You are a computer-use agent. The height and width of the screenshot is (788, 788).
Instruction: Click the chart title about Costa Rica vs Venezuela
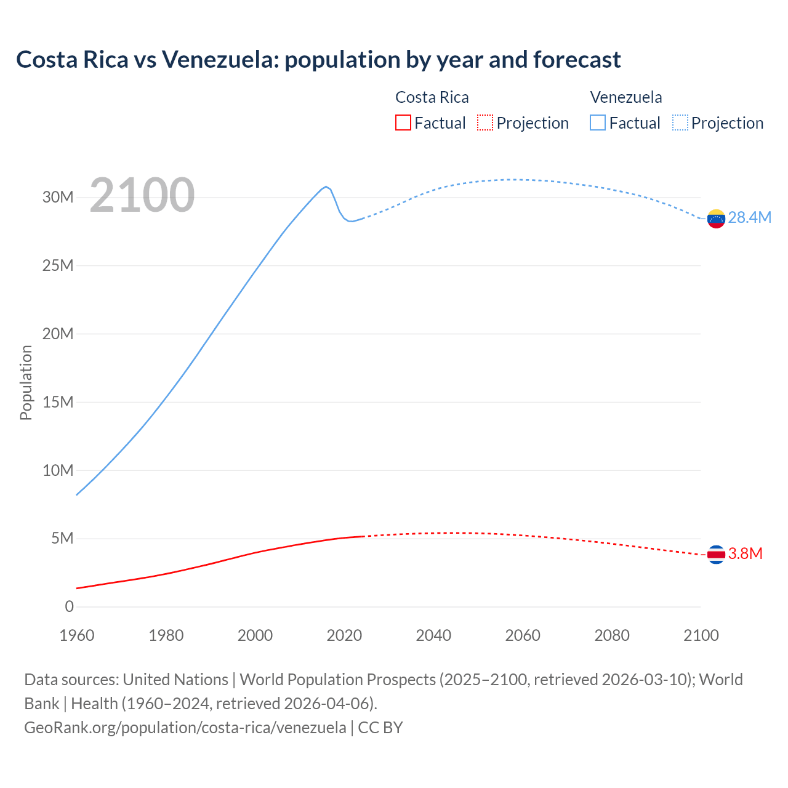coord(318,60)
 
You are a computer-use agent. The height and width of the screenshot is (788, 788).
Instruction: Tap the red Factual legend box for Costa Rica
coord(403,123)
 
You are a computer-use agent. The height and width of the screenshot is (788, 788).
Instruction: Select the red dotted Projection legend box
coord(485,123)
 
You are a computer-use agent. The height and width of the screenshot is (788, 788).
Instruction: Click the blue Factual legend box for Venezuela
coord(598,123)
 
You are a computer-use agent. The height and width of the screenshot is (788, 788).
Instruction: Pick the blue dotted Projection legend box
coord(680,123)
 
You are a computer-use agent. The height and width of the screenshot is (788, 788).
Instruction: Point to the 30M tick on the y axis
coord(58,198)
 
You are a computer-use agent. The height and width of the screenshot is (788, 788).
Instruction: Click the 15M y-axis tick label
coord(58,402)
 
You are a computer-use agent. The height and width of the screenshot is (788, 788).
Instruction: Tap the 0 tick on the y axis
coord(69,606)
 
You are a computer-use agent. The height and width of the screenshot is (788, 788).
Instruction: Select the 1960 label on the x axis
coord(77,635)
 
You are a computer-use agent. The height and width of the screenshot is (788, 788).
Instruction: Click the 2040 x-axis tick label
coord(433,635)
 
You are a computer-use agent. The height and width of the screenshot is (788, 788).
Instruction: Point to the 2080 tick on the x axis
coord(612,635)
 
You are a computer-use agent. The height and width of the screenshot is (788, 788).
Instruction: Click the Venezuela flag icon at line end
coord(716,219)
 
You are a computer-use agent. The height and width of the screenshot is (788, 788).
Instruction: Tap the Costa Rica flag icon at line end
coord(716,555)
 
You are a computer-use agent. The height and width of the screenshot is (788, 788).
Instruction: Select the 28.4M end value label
coord(749,218)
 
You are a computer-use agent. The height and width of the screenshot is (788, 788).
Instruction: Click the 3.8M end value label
coord(745,554)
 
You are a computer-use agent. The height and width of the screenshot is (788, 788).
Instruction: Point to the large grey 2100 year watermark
coord(142,196)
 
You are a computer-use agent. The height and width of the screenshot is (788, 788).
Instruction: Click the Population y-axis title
coord(26,382)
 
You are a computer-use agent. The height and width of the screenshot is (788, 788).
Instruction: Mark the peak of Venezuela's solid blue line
coord(326,187)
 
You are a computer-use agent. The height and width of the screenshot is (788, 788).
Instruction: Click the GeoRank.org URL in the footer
coord(185,727)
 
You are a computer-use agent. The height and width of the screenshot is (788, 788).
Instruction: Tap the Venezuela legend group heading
coord(626,97)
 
